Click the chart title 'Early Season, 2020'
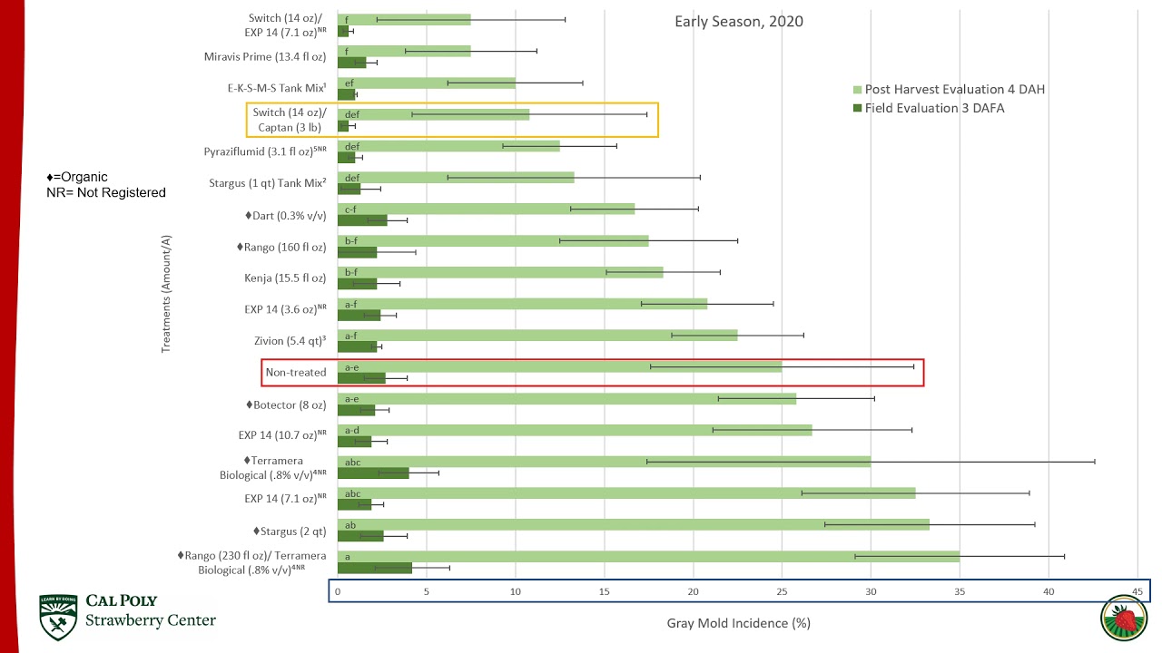click(738, 22)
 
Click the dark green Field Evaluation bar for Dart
click(362, 219)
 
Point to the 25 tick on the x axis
click(782, 591)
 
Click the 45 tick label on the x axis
click(1137, 591)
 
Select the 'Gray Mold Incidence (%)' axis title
click(738, 623)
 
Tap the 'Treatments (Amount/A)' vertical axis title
click(167, 294)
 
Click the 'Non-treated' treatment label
click(295, 372)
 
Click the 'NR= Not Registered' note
click(106, 192)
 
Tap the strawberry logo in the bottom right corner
click(1124, 620)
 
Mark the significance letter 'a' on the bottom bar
click(347, 556)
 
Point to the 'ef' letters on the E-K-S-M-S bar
click(350, 83)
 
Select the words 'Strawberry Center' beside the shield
click(151, 620)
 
